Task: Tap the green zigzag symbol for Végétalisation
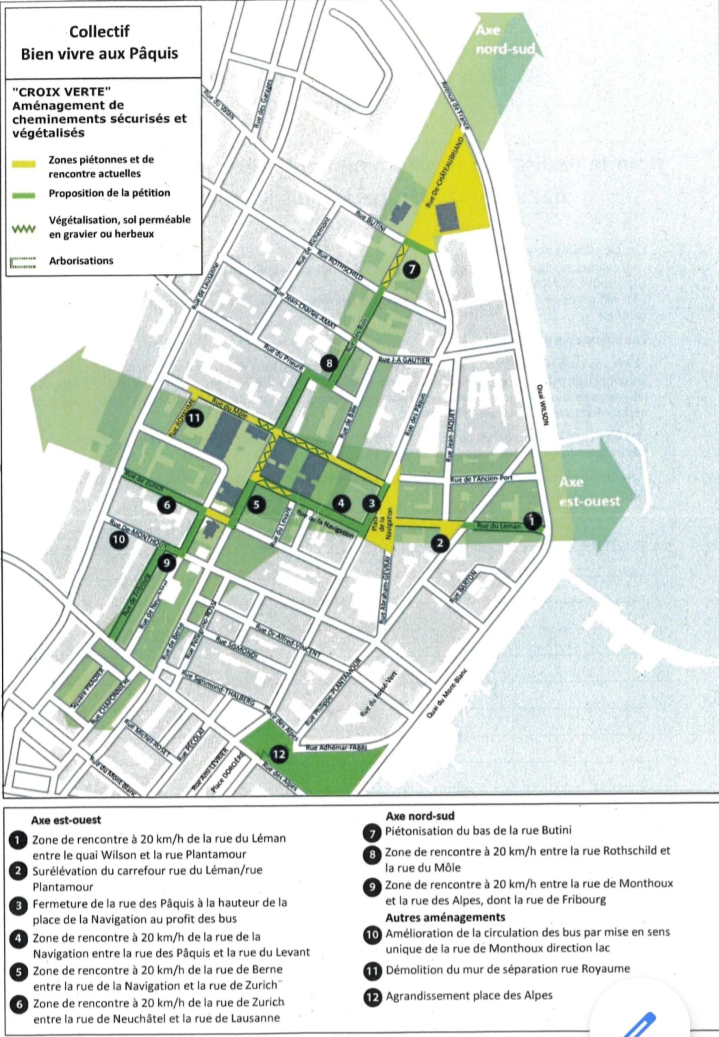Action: (23, 229)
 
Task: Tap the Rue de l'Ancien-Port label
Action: (481, 480)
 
